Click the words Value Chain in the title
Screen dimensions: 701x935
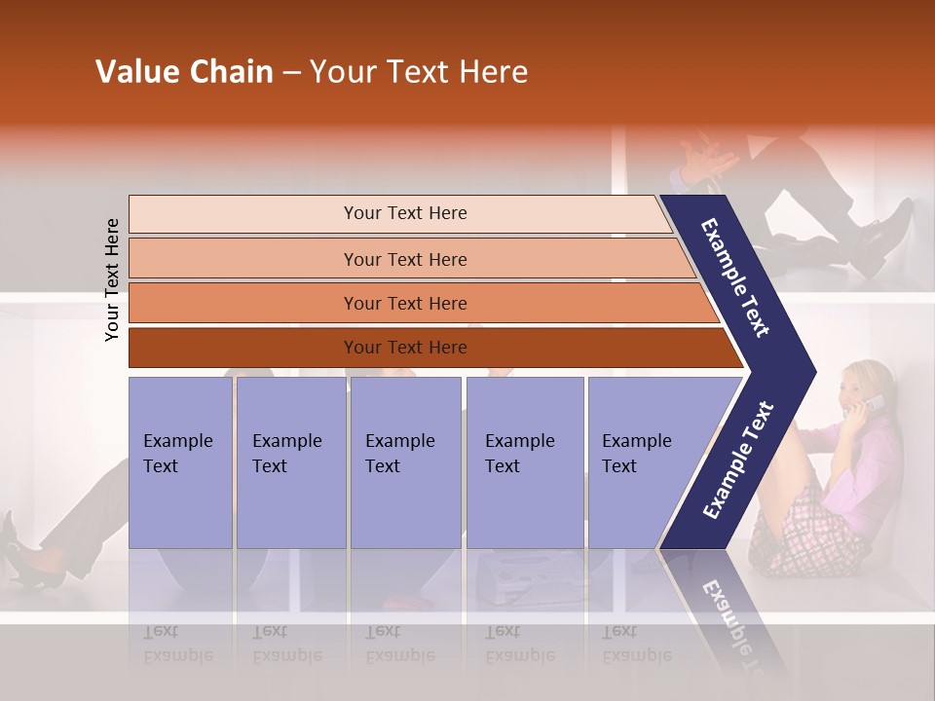tap(184, 72)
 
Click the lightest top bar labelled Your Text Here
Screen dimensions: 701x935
tap(404, 213)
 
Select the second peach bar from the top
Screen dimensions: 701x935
tap(404, 259)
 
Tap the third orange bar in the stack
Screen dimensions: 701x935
tap(404, 303)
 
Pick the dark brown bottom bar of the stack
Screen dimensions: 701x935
tap(404, 348)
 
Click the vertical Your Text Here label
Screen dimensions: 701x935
tap(112, 279)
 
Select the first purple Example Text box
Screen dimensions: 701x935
tap(180, 461)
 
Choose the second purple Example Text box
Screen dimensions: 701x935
tap(290, 461)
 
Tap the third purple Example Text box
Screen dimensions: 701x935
tap(405, 461)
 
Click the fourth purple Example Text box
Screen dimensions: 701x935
tap(524, 461)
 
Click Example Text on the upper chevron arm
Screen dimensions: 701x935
tap(735, 277)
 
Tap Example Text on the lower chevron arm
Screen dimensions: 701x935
tap(737, 461)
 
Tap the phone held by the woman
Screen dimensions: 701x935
tap(874, 403)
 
